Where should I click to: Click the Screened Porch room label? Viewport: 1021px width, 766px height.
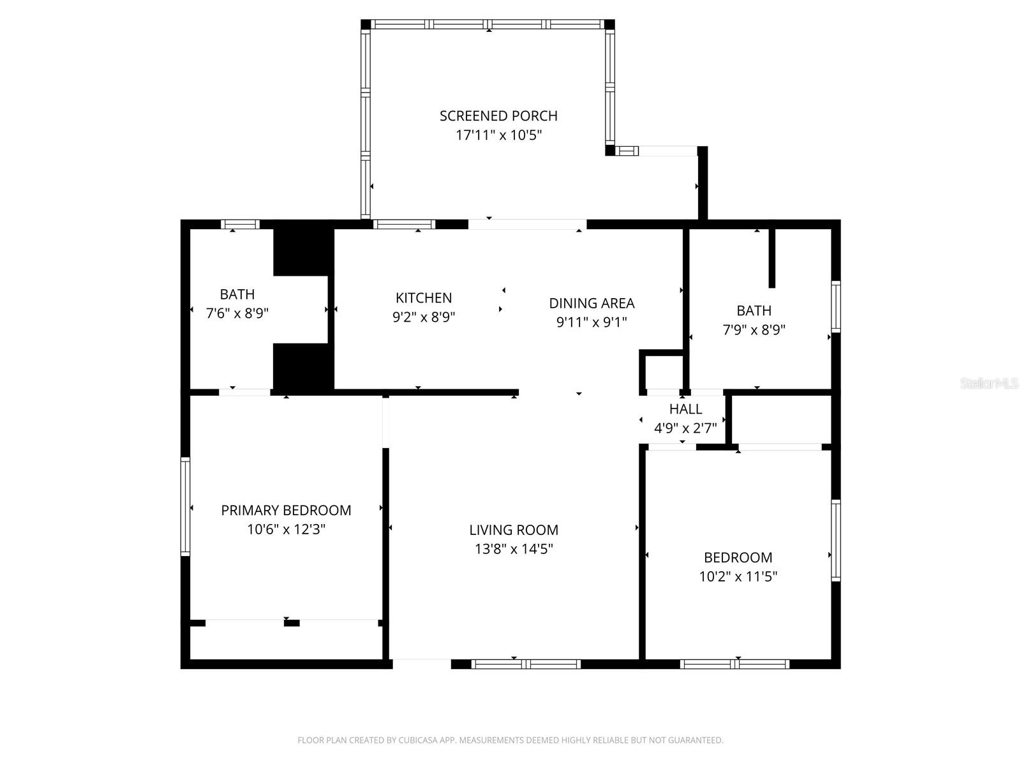(x=498, y=116)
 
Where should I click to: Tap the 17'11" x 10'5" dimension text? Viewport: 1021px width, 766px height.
(x=498, y=135)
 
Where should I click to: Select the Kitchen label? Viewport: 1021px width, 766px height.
(x=424, y=297)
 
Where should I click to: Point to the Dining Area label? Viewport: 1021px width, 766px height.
(x=592, y=303)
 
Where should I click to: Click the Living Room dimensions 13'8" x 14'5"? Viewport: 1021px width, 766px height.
(x=514, y=549)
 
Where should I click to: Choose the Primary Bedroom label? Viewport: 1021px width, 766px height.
(x=286, y=510)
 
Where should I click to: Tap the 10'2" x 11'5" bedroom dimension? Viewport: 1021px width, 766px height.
(x=738, y=576)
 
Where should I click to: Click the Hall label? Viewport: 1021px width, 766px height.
(x=685, y=409)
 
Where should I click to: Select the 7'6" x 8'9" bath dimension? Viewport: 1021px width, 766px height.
(x=237, y=313)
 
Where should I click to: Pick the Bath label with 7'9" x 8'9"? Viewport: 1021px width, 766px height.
(x=754, y=311)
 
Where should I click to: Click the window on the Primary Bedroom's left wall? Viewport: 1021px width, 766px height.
(x=186, y=506)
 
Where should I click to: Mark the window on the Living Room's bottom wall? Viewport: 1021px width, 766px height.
(x=526, y=665)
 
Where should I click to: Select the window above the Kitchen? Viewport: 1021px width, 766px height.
(x=404, y=224)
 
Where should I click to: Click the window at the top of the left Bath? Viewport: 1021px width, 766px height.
(x=240, y=224)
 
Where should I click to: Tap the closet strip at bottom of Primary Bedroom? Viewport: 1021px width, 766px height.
(x=286, y=642)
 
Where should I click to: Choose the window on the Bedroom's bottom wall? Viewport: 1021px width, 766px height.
(x=734, y=665)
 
